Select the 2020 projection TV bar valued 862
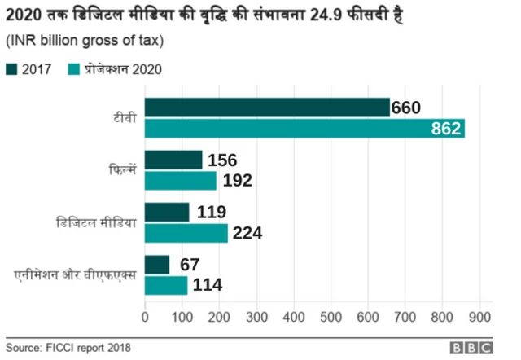click(304, 128)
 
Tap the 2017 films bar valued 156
click(173, 160)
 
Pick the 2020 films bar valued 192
click(180, 180)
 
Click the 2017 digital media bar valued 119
click(167, 213)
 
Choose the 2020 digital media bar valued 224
click(186, 233)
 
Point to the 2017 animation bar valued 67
click(157, 265)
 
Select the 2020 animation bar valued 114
click(166, 285)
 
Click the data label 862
click(446, 129)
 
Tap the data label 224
click(247, 234)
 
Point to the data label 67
click(190, 265)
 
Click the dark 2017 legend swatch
click(11, 69)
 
